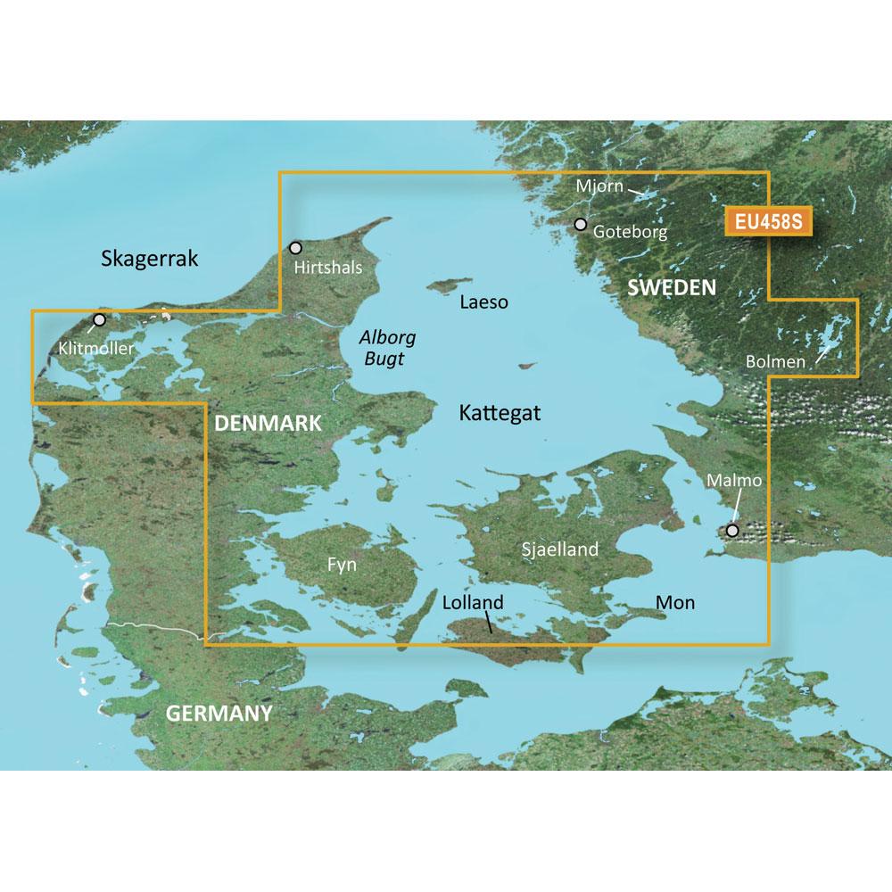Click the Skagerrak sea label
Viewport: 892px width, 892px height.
[x=149, y=260]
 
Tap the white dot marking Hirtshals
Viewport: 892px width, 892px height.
[x=296, y=247]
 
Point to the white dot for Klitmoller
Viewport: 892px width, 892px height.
[x=99, y=319]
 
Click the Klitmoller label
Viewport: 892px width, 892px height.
[x=98, y=349]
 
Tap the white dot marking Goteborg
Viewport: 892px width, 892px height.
[x=581, y=224]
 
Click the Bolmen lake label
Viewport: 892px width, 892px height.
[x=777, y=362]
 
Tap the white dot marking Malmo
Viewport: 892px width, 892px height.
[x=732, y=531]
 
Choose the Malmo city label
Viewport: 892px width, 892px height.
[x=734, y=481]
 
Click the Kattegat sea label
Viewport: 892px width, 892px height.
[x=500, y=413]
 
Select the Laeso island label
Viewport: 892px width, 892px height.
[x=483, y=302]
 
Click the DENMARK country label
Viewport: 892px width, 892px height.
[x=267, y=424]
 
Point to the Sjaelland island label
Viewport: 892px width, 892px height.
[x=559, y=549]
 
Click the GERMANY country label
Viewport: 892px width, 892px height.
[x=218, y=714]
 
